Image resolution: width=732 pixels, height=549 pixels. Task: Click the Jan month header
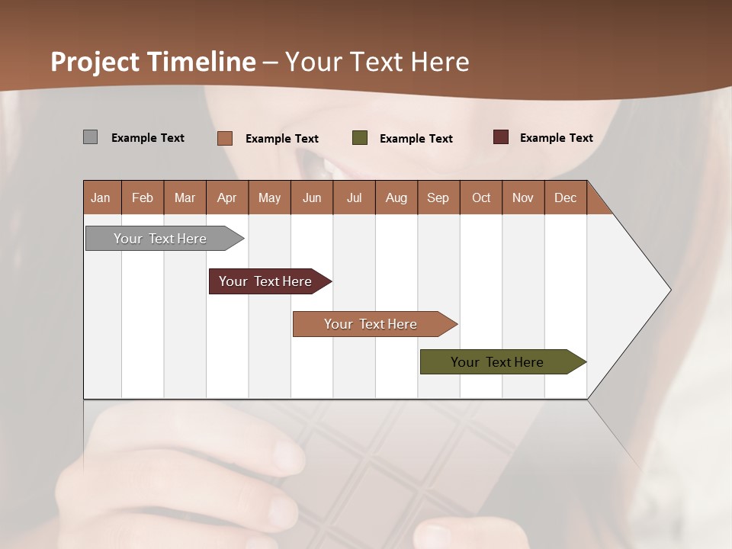point(101,197)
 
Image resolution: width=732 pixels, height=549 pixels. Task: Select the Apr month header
point(226,197)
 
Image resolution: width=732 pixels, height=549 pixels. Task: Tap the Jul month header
point(354,197)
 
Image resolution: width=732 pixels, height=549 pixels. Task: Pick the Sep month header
point(438,197)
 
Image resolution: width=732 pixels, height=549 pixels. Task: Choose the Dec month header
point(565,197)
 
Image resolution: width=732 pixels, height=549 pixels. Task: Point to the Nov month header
point(522,197)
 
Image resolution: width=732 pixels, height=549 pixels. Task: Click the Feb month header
point(143,197)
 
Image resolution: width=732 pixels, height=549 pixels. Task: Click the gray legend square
point(90,137)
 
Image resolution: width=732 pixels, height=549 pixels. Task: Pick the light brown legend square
point(224,138)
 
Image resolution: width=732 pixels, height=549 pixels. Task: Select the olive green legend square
point(360,138)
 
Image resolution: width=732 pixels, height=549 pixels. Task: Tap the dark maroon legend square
point(500,137)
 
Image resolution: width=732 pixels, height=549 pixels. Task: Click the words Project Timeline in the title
point(152,62)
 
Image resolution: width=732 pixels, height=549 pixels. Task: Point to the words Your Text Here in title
point(377,62)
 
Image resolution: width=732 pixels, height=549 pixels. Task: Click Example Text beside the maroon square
point(556,137)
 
